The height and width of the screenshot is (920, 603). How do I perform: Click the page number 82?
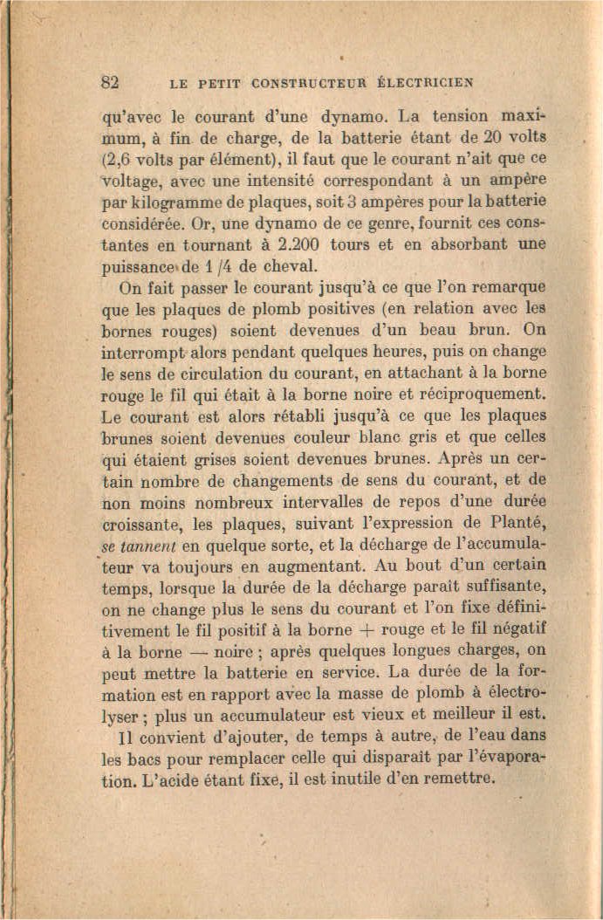(111, 83)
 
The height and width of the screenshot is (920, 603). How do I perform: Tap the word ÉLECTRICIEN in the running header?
(424, 84)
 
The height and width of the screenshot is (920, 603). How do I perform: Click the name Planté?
(519, 523)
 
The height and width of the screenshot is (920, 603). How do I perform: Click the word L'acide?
(173, 779)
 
